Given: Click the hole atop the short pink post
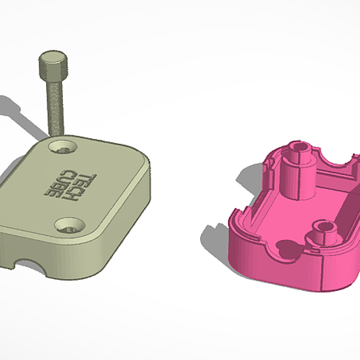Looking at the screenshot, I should [x=324, y=227].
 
